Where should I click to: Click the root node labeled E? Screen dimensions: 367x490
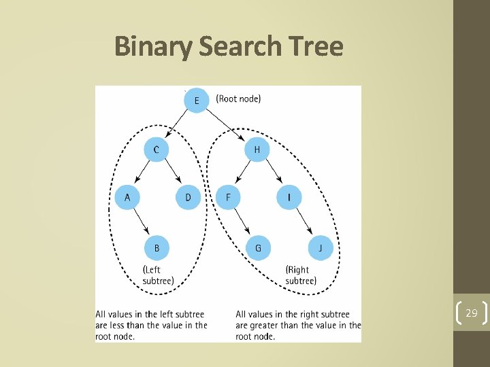(197, 101)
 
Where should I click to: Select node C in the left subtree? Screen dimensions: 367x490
(157, 150)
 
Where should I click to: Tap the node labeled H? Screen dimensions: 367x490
(257, 150)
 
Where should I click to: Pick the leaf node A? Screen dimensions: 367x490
(127, 198)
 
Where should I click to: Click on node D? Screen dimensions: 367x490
(188, 198)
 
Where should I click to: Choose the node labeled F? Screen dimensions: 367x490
(228, 198)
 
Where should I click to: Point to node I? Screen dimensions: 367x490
(289, 198)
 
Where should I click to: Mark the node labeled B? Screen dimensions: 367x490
(157, 248)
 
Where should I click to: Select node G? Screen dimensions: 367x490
(258, 248)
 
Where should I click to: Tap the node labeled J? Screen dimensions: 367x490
(320, 248)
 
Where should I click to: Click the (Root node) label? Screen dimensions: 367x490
(238, 99)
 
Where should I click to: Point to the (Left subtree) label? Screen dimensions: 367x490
(158, 275)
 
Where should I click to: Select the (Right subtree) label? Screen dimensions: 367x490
(301, 275)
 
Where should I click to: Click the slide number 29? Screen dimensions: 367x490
(472, 313)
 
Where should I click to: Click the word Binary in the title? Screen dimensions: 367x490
(154, 47)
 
